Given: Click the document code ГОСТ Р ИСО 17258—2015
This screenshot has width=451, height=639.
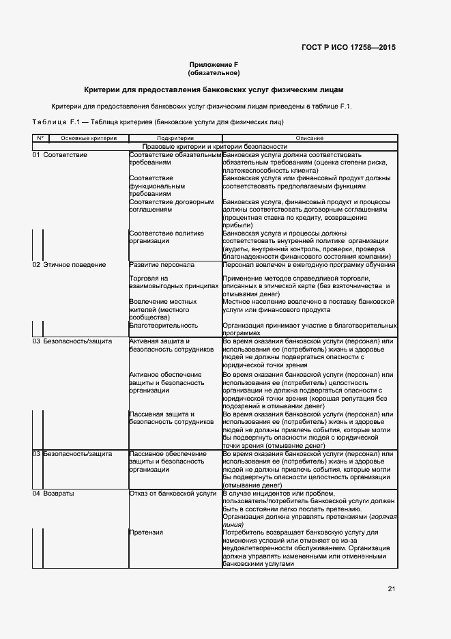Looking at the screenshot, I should pyautogui.click(x=348, y=48).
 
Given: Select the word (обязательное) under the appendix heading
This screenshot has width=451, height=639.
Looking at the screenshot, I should pyautogui.click(x=214, y=72).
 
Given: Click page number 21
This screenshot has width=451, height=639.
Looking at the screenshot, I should pyautogui.click(x=391, y=588).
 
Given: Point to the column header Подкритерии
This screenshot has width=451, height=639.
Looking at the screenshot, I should pyautogui.click(x=175, y=138).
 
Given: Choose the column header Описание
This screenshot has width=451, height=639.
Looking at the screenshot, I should pyautogui.click(x=309, y=138).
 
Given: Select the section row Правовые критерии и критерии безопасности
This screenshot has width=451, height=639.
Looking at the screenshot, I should pyautogui.click(x=214, y=147).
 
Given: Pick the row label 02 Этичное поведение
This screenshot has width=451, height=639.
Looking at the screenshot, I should pyautogui.click(x=69, y=264).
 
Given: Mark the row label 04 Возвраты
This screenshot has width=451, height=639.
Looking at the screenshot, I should pyautogui.click(x=54, y=493).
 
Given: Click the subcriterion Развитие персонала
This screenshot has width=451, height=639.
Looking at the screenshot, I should pyautogui.click(x=162, y=264).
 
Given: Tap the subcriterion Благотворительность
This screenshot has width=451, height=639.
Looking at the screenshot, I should pyautogui.click(x=164, y=326).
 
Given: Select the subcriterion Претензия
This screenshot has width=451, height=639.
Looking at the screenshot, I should pyautogui.click(x=146, y=531).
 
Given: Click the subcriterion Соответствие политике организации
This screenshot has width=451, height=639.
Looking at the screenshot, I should pyautogui.click(x=166, y=237).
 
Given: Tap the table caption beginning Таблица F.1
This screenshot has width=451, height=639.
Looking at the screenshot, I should pyautogui.click(x=158, y=122).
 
